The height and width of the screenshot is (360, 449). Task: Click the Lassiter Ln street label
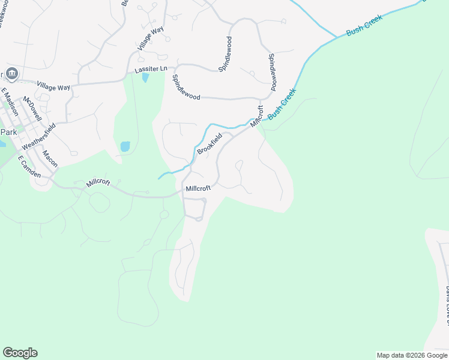coord(151,70)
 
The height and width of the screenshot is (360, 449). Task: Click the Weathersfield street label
coord(38,137)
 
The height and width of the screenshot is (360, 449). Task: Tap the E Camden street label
coord(29,167)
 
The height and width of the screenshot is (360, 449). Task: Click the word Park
coord(9,132)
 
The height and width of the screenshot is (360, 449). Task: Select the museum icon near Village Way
coord(13,74)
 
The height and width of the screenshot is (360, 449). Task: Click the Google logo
coord(20,353)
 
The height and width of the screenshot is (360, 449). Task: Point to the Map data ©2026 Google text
coord(412,355)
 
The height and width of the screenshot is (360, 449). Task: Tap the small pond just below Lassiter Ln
coord(145,78)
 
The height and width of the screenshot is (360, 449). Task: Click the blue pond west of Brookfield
coord(125,146)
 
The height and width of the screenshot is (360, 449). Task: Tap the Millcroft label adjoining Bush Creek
coord(257,116)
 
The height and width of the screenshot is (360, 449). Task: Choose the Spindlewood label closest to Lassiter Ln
coord(185,87)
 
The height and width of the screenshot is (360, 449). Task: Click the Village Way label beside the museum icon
coord(53,87)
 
